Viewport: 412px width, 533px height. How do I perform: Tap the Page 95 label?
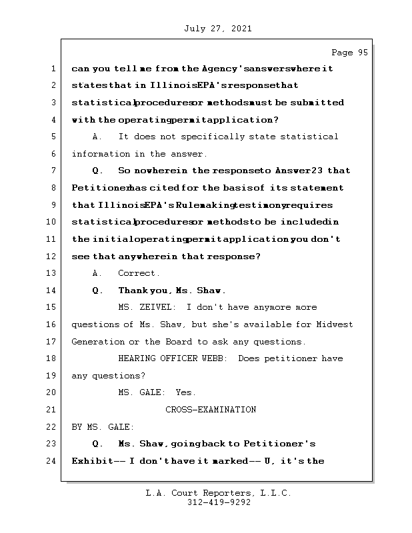coord(349,53)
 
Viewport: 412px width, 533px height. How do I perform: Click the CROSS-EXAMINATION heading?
coord(211,410)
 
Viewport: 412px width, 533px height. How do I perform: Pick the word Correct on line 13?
coord(138,273)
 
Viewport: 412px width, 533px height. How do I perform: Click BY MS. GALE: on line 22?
coord(103,426)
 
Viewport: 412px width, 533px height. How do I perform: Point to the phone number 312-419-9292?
coord(219,503)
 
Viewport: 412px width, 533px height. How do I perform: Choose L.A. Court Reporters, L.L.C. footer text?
coord(219,494)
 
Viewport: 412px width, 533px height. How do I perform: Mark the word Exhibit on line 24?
coord(91,461)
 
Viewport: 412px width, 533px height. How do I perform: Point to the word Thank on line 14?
coord(132,290)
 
